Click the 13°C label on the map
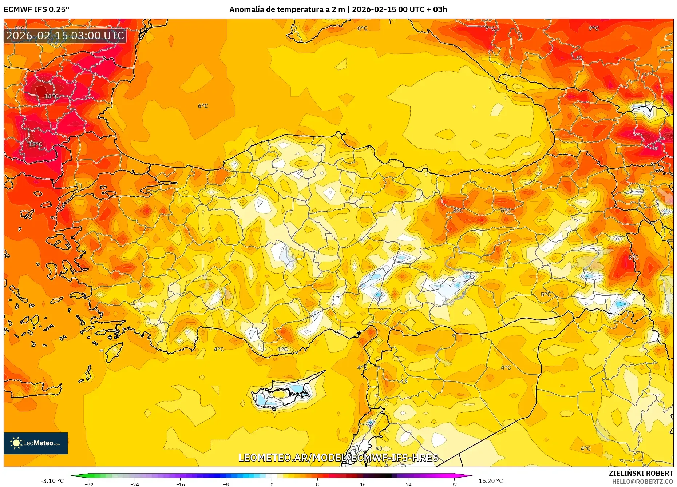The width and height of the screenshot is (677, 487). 51,96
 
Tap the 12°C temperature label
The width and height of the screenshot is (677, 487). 35,144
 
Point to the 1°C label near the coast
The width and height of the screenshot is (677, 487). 283,350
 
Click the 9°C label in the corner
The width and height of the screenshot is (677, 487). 594,28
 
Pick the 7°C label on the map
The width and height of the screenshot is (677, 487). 490,28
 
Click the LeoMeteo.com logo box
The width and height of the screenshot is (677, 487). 36,443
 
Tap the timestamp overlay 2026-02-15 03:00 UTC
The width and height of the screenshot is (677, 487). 65,36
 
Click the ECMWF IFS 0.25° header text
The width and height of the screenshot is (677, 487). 36,9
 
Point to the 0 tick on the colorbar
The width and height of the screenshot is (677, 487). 272,484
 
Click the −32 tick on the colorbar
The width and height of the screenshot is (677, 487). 89,484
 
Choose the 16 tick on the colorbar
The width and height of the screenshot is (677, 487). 363,484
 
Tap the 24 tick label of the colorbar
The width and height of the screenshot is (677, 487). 408,484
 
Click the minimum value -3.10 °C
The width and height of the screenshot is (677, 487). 52,481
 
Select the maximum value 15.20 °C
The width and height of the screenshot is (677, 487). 491,481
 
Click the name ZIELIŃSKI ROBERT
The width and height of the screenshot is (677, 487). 641,473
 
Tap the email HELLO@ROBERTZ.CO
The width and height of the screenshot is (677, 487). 642,482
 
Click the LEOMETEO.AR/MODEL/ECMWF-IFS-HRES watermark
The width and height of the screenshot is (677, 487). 338,458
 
